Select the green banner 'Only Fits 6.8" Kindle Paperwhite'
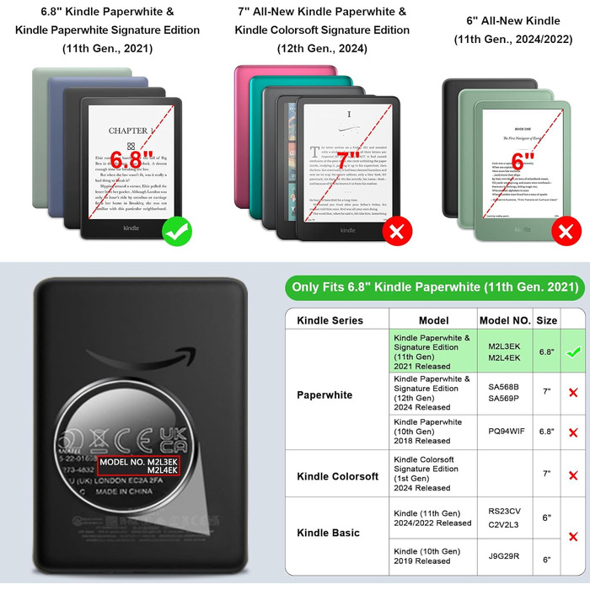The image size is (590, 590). pos(435,287)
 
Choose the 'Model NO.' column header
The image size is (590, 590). pos(505,320)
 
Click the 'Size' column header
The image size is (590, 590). pos(546,320)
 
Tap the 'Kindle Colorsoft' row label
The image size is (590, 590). pos(338,476)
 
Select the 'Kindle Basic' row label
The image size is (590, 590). pos(328,533)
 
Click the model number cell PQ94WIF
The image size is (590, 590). pos(506,431)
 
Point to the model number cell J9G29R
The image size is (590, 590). pos(505,556)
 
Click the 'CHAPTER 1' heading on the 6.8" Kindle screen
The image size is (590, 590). pos(131,131)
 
